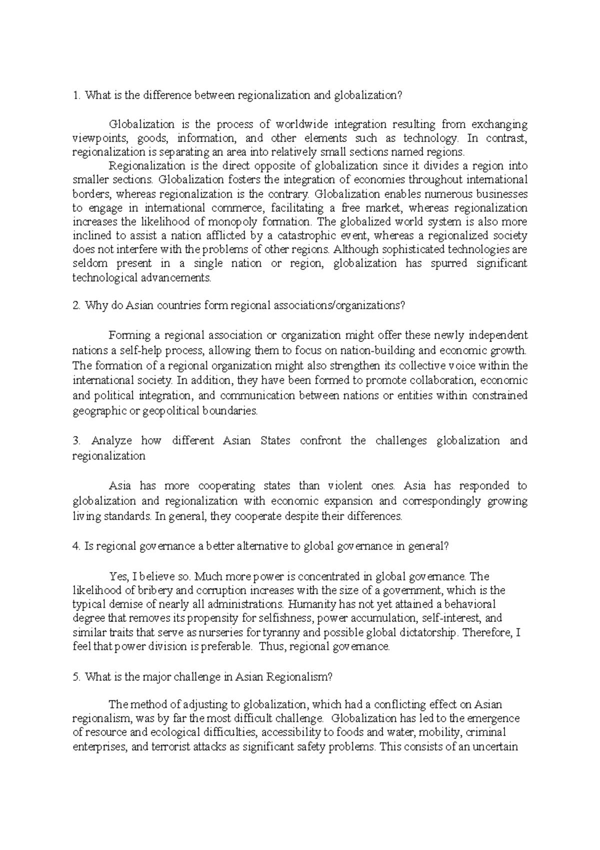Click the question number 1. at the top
76,96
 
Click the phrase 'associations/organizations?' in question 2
338,306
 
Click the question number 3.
76,441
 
